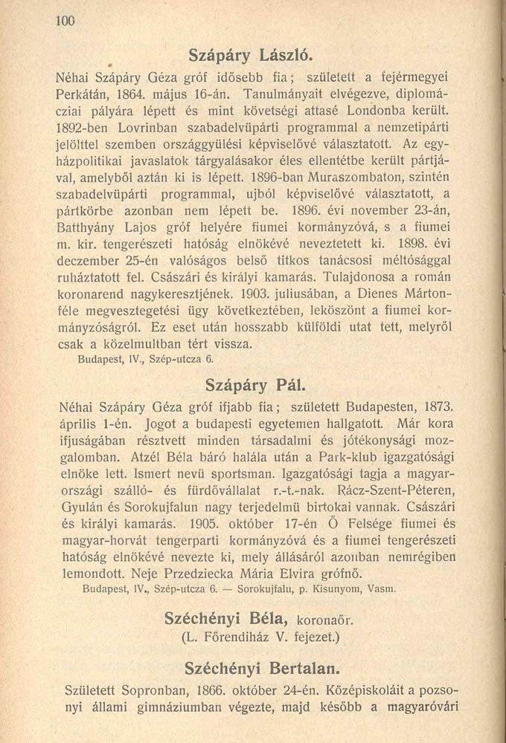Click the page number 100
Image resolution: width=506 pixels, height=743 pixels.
[x=66, y=22]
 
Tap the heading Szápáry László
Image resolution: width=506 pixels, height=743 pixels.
[x=254, y=55]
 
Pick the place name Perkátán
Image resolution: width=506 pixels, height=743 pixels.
[x=86, y=96]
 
